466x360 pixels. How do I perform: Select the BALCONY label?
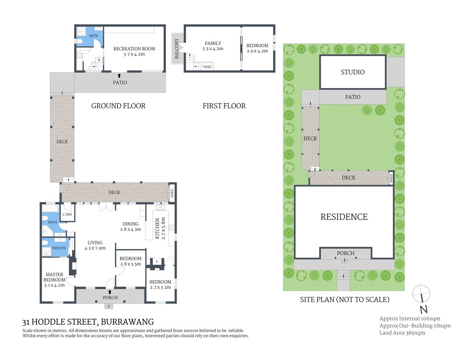(x=176, y=49)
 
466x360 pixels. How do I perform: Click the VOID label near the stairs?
(x=207, y=67)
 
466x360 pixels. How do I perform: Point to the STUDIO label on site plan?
(x=352, y=72)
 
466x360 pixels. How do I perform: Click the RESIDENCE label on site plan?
(x=344, y=217)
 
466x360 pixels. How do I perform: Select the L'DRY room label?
(x=67, y=214)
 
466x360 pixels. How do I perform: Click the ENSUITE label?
(x=59, y=248)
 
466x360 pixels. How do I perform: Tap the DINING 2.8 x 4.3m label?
(x=130, y=226)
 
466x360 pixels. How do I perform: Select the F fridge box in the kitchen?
(x=157, y=261)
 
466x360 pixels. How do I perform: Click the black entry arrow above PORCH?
(x=110, y=292)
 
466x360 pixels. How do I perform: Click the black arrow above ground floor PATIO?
(x=119, y=76)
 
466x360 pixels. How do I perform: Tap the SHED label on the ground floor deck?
(x=172, y=193)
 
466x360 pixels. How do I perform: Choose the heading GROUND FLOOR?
(x=118, y=106)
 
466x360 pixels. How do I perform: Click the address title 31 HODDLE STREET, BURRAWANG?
(x=88, y=322)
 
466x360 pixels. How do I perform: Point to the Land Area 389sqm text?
(x=402, y=333)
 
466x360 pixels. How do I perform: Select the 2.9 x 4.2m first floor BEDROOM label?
(x=257, y=48)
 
